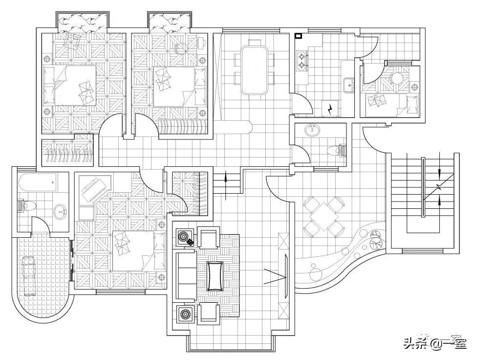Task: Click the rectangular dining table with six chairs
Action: pyautogui.click(x=254, y=69)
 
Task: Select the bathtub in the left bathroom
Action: pyautogui.click(x=37, y=184)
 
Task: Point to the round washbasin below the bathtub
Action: pyautogui.click(x=61, y=211)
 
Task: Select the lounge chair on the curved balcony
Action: pyautogui.click(x=29, y=275)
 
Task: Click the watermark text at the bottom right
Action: pyautogui.click(x=434, y=343)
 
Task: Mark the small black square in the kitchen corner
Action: pyautogui.click(x=298, y=35)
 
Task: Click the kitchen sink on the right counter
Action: pyautogui.click(x=349, y=85)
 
